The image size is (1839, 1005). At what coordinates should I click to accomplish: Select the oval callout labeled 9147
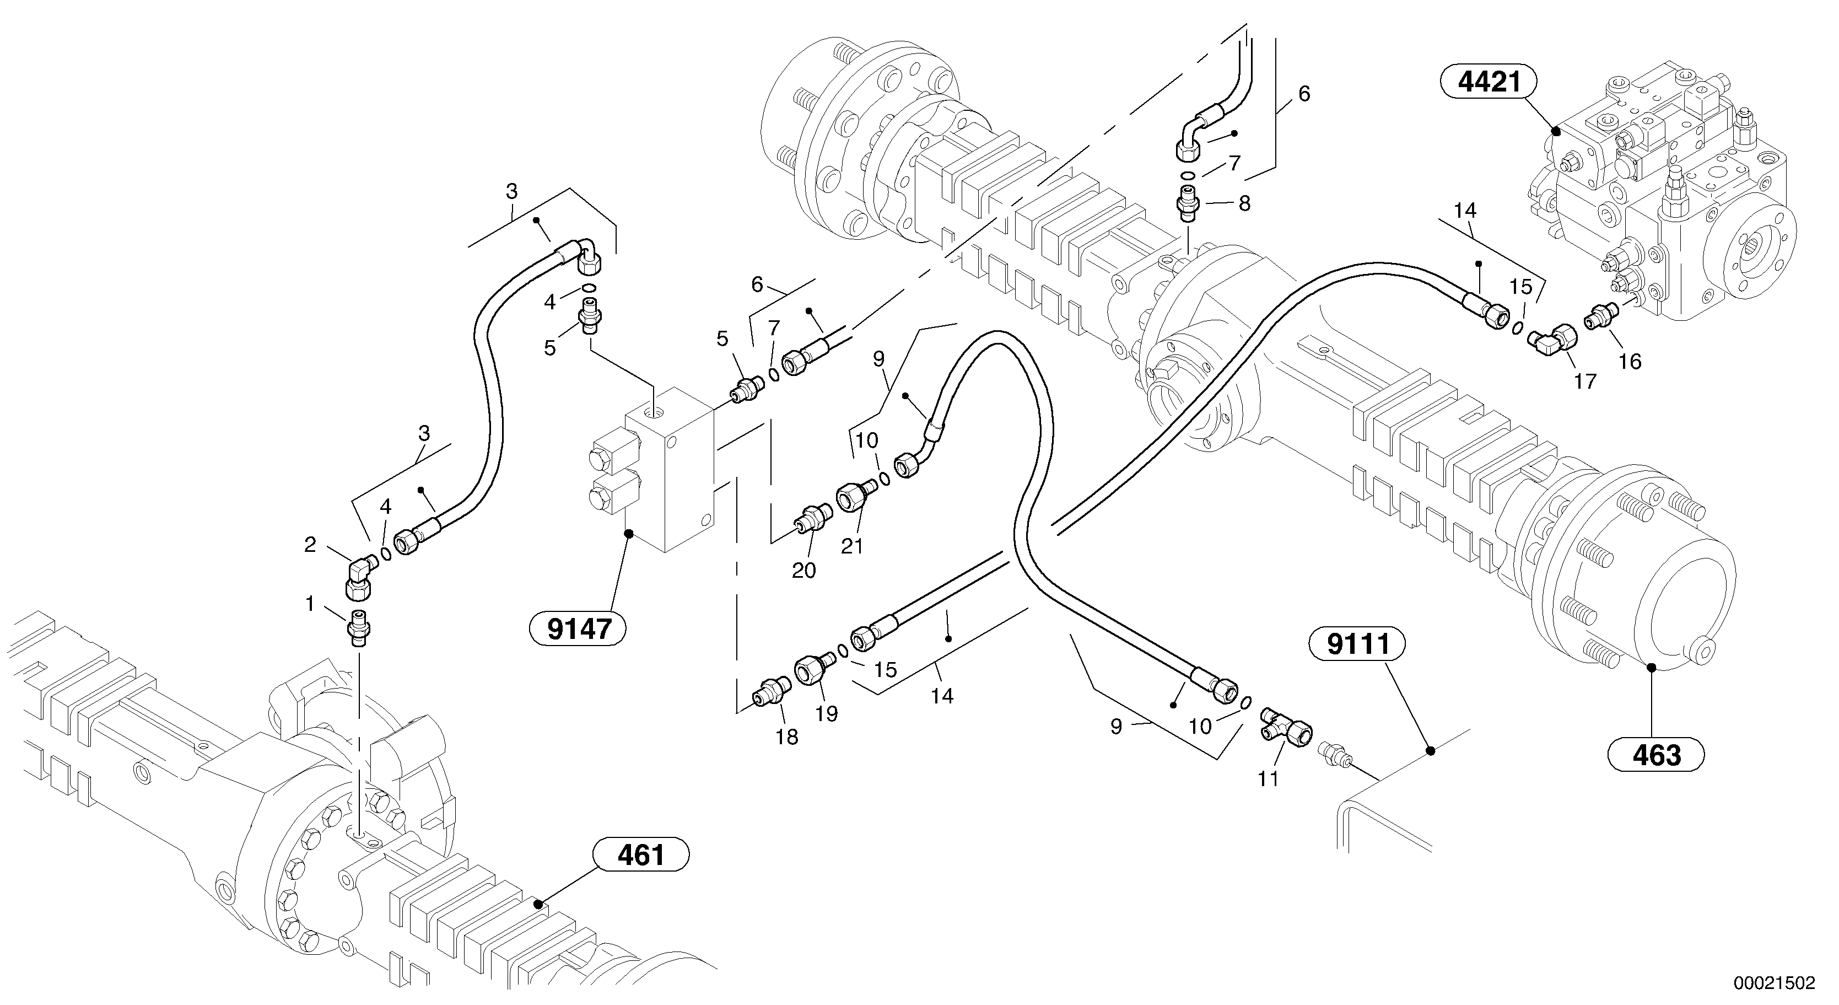(579, 629)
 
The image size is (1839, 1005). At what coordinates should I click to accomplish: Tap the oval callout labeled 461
(640, 855)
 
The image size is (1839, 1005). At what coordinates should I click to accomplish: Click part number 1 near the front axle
(310, 604)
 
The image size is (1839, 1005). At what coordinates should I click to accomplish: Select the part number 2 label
(310, 545)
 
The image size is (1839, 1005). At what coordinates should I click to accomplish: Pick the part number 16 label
(1630, 362)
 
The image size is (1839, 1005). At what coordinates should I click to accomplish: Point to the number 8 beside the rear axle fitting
(1244, 205)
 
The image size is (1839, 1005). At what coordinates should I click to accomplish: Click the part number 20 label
(804, 570)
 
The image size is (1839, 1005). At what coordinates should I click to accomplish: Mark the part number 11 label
(1268, 778)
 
